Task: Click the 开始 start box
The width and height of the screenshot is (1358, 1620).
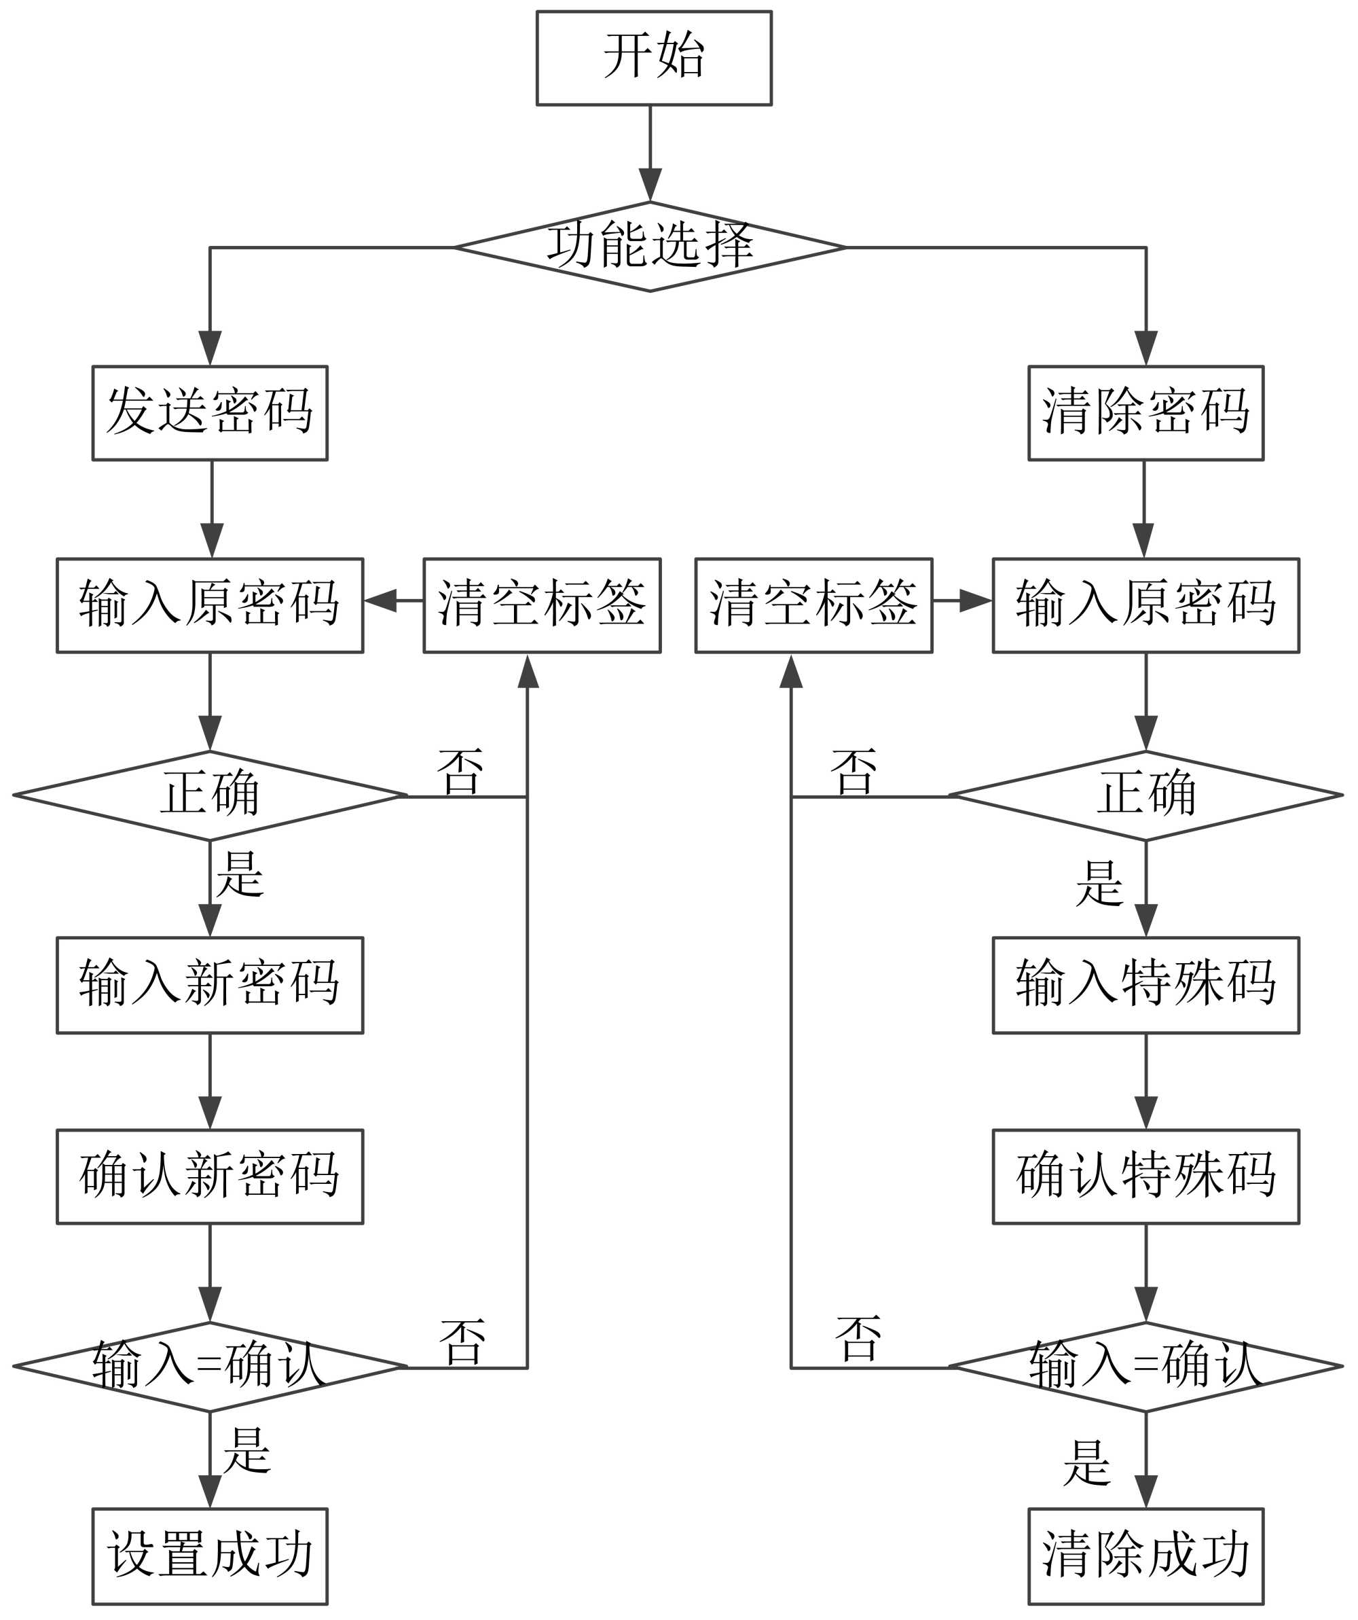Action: coord(654,58)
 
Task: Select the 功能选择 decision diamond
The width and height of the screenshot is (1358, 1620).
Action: coord(650,247)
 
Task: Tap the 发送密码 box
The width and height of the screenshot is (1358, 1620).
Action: coord(210,413)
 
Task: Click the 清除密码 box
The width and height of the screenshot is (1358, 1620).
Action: coord(1146,413)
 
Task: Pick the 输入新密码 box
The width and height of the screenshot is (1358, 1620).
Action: coord(210,985)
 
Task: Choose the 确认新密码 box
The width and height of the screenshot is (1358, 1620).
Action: coord(210,1176)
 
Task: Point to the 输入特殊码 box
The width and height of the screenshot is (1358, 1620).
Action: coord(1146,985)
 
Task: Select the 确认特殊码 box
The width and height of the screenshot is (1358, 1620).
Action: coord(1146,1176)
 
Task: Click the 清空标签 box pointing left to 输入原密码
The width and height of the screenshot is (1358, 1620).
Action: coord(542,606)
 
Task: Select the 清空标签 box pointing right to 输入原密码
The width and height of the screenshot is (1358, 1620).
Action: coord(813,606)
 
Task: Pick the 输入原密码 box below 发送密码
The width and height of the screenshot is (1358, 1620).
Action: coord(210,606)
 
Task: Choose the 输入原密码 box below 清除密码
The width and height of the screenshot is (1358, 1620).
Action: coord(1146,606)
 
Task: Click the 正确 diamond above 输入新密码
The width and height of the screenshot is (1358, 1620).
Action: coord(210,795)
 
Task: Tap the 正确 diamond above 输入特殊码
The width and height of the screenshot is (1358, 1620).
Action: coord(1146,795)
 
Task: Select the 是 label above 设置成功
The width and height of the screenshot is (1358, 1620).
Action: coord(246,1451)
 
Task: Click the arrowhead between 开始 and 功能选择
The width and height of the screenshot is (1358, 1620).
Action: coord(650,185)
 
